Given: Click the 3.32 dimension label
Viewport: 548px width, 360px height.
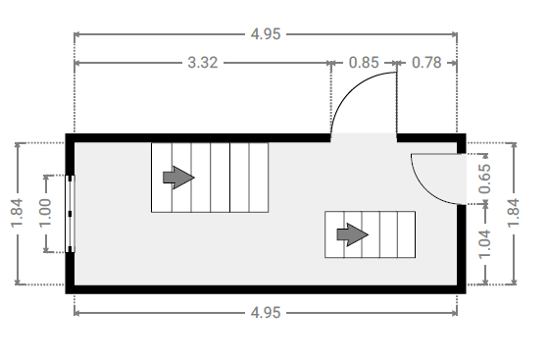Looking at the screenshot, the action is point(203,63).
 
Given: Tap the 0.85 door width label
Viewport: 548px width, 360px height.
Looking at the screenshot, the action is point(364,63).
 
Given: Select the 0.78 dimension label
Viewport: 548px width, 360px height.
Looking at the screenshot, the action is point(426,63).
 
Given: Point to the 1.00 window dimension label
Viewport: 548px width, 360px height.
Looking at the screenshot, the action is point(45,213).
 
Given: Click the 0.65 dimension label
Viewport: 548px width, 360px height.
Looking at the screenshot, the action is point(484,179).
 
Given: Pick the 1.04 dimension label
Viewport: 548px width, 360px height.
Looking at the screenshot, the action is point(484,244).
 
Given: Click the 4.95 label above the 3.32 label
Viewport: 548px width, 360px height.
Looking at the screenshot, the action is point(266,34).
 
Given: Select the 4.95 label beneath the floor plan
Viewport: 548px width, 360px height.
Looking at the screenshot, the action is point(266,313).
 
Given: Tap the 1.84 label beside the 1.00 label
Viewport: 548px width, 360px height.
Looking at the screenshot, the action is point(17,213).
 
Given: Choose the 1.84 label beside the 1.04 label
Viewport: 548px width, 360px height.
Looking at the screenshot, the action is point(514,213).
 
